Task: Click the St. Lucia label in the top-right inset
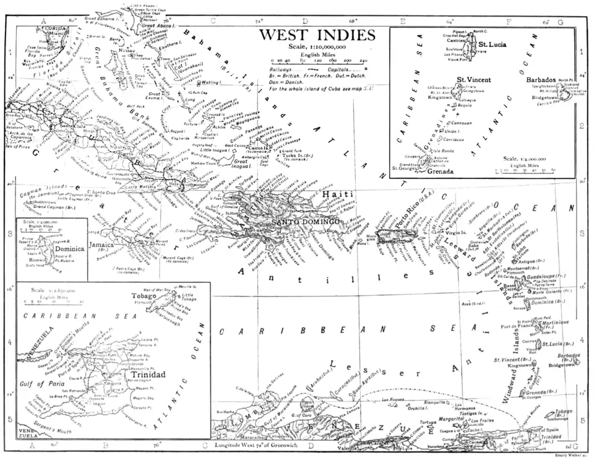pyautogui.click(x=493, y=45)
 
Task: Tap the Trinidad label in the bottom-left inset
pyautogui.click(x=148, y=375)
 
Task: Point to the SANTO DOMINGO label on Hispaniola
pyautogui.click(x=306, y=222)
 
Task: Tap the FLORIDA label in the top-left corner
pyautogui.click(x=53, y=28)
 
